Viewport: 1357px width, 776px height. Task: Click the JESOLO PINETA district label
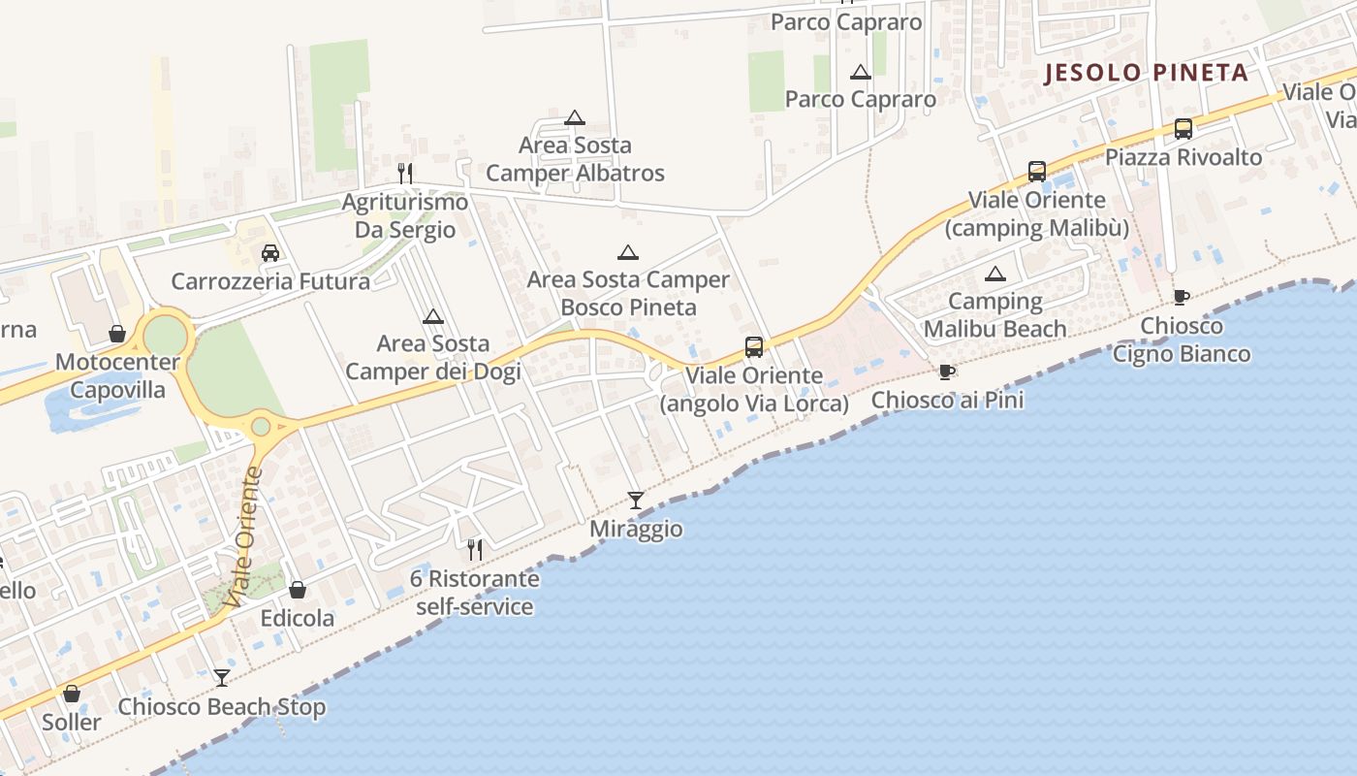[1146, 74]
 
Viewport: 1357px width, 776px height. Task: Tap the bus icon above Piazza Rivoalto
[1183, 129]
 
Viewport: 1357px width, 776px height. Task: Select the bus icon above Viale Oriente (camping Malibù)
[1037, 172]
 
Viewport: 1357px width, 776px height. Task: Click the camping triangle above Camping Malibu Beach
[994, 275]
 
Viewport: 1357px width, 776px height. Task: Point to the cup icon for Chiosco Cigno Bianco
[1181, 297]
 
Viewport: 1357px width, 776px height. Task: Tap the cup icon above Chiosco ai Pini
[947, 372]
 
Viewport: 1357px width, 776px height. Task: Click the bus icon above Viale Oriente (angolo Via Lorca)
[754, 347]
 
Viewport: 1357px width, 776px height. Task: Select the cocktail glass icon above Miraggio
[636, 501]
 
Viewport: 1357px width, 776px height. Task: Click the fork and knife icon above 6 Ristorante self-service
[474, 550]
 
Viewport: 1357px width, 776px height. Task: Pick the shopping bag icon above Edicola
[298, 590]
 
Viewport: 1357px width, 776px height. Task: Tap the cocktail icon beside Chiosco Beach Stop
[222, 678]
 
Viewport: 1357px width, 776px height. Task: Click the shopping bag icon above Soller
[72, 694]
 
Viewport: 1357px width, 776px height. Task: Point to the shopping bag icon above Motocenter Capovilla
[117, 334]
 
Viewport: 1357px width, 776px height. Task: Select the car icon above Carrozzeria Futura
[270, 253]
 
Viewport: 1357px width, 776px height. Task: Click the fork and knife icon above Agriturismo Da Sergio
[405, 174]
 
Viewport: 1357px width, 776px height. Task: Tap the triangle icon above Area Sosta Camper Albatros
[575, 118]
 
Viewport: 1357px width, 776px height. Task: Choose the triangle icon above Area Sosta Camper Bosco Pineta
[628, 253]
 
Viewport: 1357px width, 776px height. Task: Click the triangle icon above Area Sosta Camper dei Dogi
[433, 316]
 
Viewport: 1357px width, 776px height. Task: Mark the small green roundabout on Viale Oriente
[261, 427]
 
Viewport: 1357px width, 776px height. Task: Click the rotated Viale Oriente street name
[243, 537]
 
